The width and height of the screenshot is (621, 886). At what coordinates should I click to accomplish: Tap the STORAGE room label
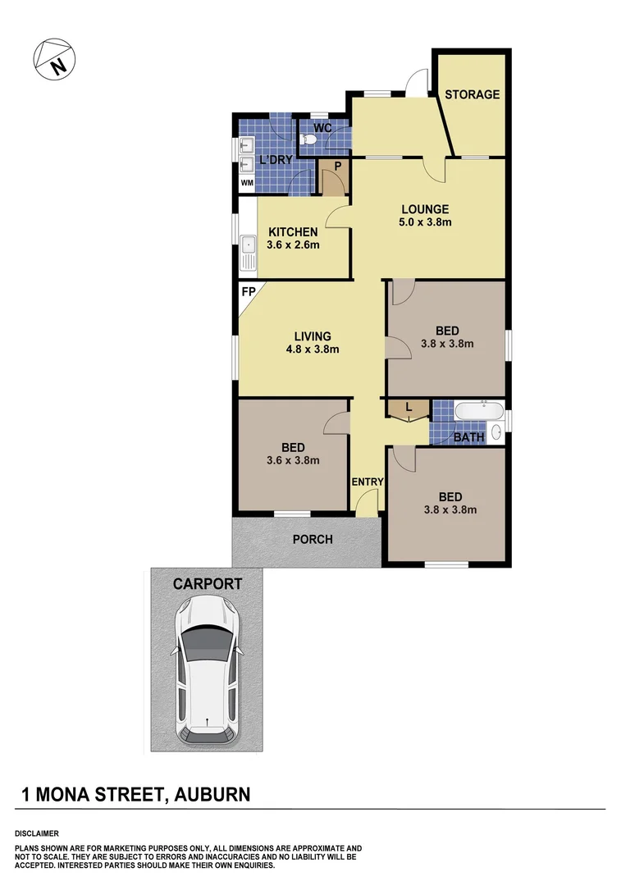(x=472, y=94)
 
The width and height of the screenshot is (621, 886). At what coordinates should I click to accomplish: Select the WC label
(x=322, y=129)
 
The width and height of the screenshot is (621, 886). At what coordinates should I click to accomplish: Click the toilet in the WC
(x=308, y=141)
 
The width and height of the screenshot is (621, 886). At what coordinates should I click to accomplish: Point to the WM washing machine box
(x=246, y=183)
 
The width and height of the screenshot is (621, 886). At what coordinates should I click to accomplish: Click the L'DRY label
(x=276, y=160)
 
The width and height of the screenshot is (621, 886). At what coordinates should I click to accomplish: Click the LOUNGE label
(x=424, y=208)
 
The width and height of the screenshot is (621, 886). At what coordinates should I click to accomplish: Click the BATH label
(x=468, y=437)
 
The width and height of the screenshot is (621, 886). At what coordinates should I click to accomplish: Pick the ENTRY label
(x=367, y=482)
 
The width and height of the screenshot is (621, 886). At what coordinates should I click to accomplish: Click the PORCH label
(x=313, y=539)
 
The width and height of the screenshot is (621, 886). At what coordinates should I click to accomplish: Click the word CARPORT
(x=207, y=584)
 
